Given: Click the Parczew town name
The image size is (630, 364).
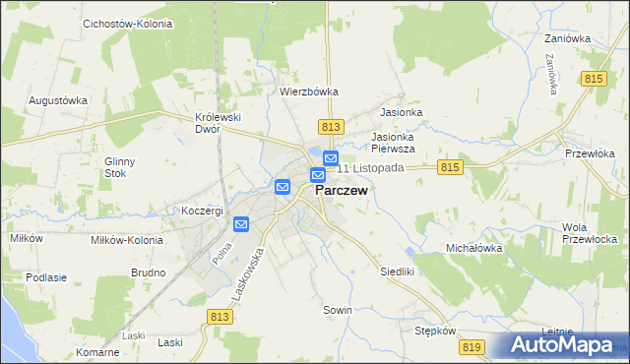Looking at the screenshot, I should (342, 192).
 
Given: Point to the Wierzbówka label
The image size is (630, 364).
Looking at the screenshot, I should (309, 91).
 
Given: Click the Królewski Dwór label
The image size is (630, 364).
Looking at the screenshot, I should (219, 123).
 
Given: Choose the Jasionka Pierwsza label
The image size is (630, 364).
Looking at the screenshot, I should (393, 143).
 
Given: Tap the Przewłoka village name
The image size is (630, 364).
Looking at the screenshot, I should (590, 153).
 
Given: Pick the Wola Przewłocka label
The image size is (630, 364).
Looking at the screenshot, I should (595, 233).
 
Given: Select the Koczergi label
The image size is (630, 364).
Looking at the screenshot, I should (203, 211).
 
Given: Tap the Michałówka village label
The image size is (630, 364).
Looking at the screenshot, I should (474, 249).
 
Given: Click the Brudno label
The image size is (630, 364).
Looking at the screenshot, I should (148, 273).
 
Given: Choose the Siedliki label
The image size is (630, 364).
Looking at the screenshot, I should (400, 270).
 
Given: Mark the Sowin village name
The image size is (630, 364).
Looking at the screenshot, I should (338, 309).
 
